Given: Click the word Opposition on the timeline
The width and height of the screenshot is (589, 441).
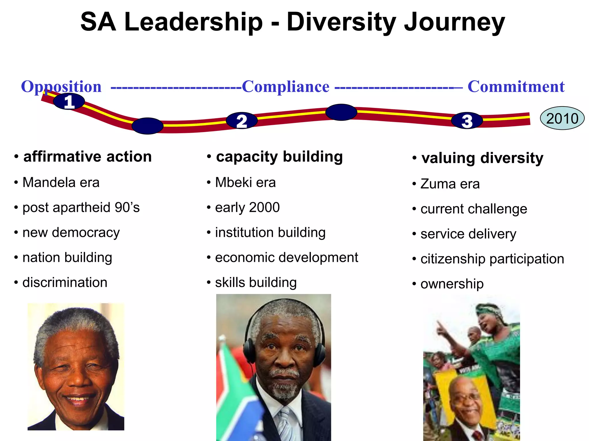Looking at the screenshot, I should pos(61,86).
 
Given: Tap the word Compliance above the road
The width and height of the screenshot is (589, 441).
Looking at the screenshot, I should pos(285,86).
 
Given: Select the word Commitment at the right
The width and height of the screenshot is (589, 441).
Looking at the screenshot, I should pos(516,86).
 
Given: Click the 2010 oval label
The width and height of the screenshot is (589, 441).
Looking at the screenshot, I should pos(562,118).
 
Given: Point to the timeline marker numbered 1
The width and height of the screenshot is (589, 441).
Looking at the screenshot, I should pos(69,102).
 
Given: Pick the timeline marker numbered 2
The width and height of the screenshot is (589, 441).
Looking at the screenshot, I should pos(242,121).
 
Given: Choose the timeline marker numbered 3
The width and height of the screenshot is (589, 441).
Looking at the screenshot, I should pos(467,121).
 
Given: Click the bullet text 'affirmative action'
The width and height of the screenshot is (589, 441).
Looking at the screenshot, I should pos(87,157).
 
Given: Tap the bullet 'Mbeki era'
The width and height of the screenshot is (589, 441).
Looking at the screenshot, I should pos(245,183).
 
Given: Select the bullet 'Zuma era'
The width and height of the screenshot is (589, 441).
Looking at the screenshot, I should pos(450,184).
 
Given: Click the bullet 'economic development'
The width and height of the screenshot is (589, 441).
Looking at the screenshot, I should pos(286,258).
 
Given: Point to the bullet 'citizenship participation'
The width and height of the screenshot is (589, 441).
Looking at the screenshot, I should pos(492,259).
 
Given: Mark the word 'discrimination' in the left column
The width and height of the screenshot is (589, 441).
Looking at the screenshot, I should pos(65,283).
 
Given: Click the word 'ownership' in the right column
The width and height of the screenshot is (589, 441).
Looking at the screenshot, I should pos(452,284).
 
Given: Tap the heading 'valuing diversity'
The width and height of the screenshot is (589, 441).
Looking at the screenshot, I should pos(482,158).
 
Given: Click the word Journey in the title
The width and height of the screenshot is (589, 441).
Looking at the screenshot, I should pos(454,22).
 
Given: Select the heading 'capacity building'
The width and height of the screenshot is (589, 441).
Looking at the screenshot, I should pos(279,157).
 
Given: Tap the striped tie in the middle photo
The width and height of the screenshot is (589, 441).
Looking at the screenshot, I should pos(285,425).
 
